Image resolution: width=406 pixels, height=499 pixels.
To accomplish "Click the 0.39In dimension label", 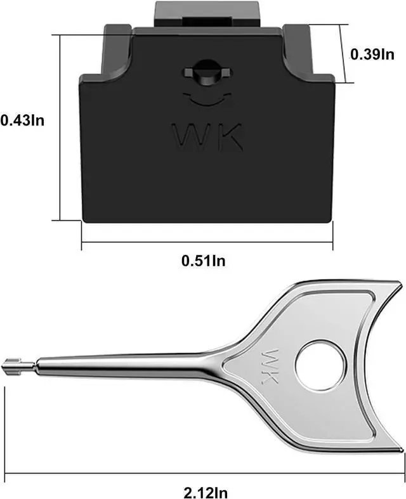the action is pyautogui.click(x=372, y=54).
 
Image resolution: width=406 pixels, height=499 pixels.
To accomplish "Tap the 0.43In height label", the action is pyautogui.click(x=22, y=120).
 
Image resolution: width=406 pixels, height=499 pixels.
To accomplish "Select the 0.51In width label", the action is pyautogui.click(x=204, y=261).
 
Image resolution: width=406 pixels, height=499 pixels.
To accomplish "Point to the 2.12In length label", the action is pyautogui.click(x=206, y=493).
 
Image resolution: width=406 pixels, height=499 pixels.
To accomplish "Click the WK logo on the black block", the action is pyautogui.click(x=207, y=136).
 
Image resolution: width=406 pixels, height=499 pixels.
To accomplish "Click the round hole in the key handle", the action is pyautogui.click(x=320, y=365).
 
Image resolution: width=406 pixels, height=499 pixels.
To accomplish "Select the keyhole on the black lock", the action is pyautogui.click(x=207, y=72).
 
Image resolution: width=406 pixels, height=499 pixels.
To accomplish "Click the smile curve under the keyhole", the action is pyautogui.click(x=207, y=100).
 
